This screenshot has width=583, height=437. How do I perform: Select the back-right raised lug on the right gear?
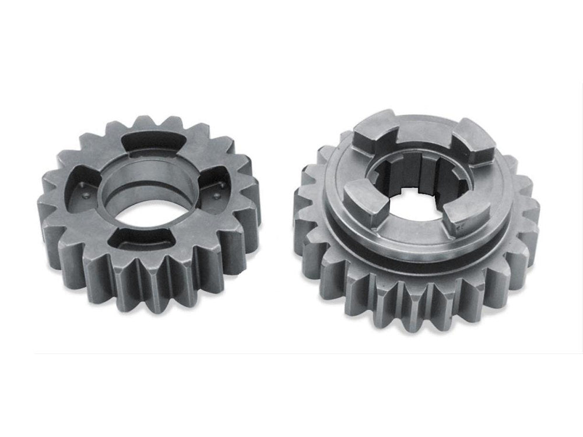pos(472,140)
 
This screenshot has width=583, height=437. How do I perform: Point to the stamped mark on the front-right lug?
pos(461,225)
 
